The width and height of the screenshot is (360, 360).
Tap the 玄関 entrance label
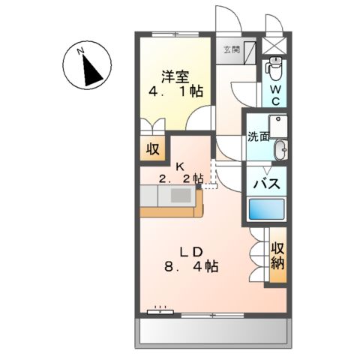[x=231, y=50]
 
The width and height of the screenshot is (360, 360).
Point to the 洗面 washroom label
[x=258, y=137]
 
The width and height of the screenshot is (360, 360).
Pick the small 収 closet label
[x=152, y=148]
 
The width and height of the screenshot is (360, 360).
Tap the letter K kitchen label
[x=179, y=166]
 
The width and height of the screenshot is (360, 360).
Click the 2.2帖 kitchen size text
[x=181, y=178]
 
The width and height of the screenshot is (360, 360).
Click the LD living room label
[x=190, y=249]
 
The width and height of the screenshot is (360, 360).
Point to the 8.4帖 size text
[x=192, y=267]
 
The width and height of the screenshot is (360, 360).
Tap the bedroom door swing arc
[x=198, y=120]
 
